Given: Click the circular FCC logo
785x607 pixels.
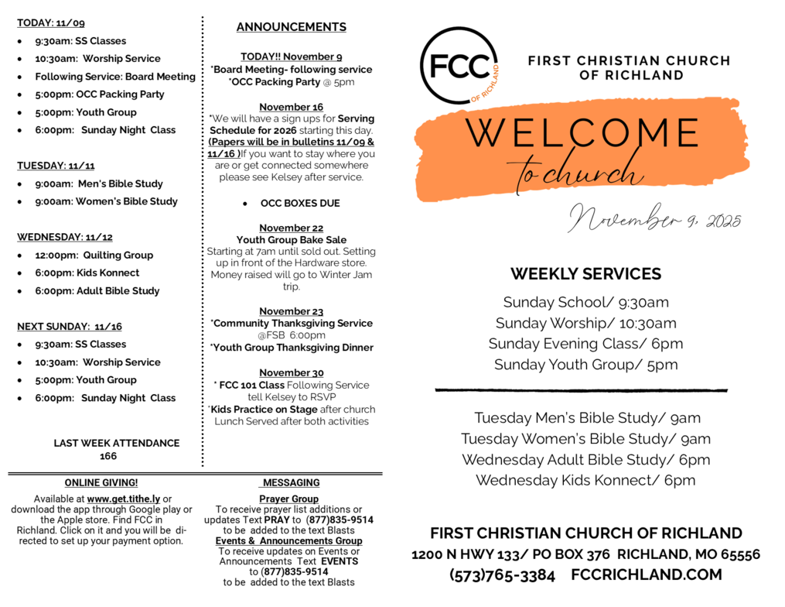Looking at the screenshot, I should pos(459,65).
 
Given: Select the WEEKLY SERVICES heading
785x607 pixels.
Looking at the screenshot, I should pos(585,274).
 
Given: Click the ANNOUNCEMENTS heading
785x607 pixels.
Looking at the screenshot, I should pos(292,27).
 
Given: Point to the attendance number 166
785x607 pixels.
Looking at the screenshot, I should pos(108,456).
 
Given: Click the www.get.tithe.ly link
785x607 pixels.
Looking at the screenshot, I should pos(123,499).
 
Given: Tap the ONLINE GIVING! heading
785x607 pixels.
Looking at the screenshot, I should pos(101,482).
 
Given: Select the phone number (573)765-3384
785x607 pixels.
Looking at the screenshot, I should pos(502,575).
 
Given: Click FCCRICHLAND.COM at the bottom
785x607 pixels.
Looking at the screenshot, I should pos(647,575).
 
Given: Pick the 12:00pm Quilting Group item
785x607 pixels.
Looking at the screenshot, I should pos(94,255).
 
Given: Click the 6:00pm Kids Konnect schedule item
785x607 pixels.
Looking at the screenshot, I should pos(87,273).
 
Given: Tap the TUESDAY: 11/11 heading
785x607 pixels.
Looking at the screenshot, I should pos(56,166).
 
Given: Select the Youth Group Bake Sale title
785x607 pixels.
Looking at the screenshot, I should pos(292,240).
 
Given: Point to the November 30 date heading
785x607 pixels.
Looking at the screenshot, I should pos(292,372).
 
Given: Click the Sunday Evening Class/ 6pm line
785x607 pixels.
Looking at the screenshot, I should pos(585,344).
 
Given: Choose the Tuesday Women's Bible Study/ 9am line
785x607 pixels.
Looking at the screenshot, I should pos(585,439).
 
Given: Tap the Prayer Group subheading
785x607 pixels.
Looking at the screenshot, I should pos(288,499).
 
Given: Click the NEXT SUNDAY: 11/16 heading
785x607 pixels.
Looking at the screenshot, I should pos(70,327).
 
